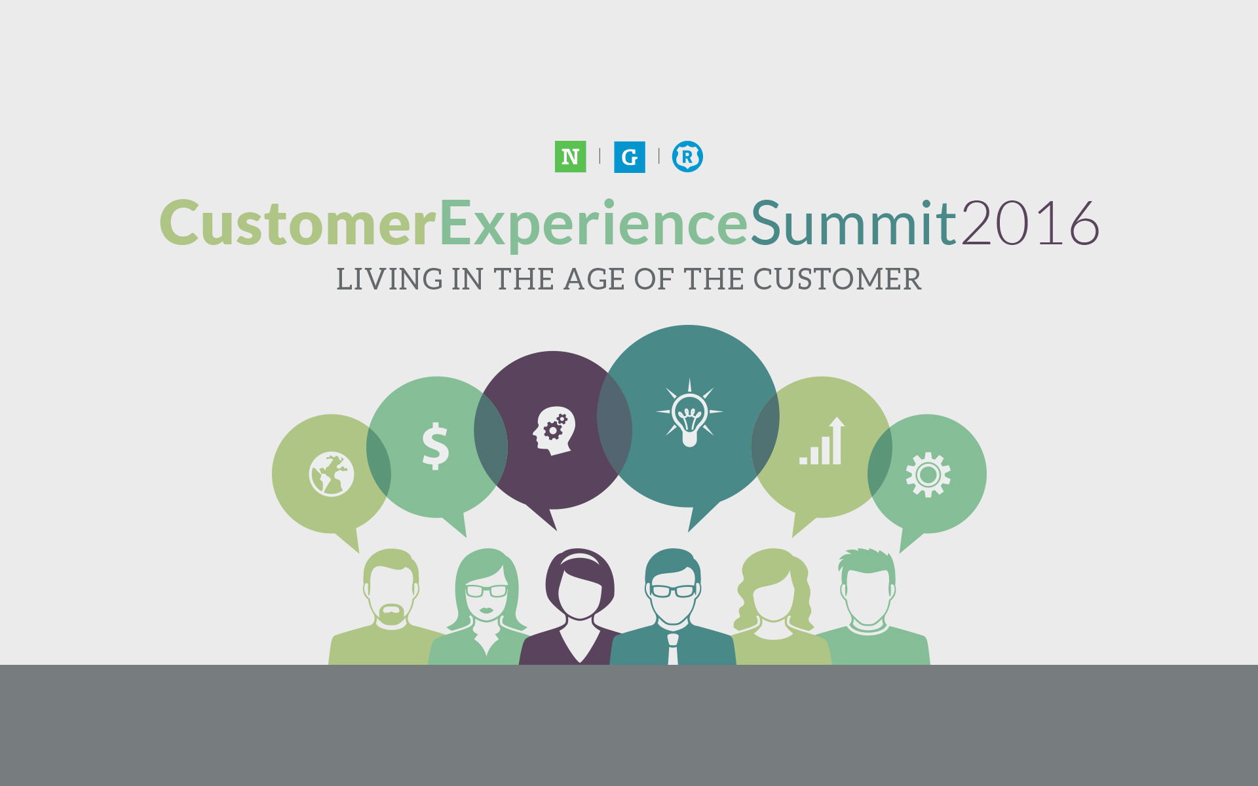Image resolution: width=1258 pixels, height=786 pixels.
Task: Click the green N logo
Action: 570,157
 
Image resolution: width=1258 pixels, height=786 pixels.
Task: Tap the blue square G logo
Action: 629,157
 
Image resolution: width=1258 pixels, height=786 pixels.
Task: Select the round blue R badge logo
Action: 687,157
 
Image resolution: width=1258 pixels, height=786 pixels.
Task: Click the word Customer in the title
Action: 298,223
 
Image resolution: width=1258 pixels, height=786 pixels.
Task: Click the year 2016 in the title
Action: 1030,223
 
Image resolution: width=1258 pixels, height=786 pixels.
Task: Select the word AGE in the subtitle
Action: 594,280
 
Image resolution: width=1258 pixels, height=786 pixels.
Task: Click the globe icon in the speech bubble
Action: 332,474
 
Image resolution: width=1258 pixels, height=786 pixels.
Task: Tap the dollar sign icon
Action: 436,446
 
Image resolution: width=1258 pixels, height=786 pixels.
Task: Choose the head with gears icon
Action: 554,431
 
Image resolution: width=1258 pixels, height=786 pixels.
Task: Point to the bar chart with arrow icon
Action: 822,441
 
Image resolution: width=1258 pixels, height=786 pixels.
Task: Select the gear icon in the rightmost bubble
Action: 928,474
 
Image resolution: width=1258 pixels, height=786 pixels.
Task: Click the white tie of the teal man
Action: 673,649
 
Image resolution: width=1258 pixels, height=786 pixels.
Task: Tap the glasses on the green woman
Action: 486,591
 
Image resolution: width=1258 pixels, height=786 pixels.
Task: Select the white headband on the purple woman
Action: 580,559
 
